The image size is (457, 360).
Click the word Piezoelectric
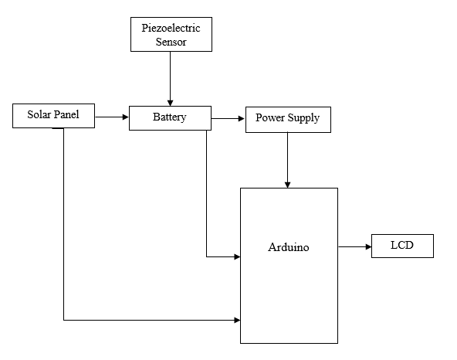tap(171, 28)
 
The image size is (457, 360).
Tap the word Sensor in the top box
tap(171, 42)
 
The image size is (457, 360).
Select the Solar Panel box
tap(53, 116)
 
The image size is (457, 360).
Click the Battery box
tap(170, 118)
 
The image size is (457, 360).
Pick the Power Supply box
tap(288, 120)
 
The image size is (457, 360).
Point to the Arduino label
tap(289, 247)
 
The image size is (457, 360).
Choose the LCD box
tap(402, 246)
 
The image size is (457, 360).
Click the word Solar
tap(39, 114)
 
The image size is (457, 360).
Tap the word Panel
tap(66, 114)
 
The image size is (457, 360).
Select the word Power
tap(270, 117)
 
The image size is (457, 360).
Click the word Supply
tap(303, 118)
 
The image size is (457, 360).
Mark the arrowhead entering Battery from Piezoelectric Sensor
tap(170, 103)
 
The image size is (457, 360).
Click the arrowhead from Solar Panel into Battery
tap(126, 117)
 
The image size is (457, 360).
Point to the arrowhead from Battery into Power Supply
tap(242, 118)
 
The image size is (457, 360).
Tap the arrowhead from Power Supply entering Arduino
tap(287, 185)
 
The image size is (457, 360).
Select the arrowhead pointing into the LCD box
tap(368, 246)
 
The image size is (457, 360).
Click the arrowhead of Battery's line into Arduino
tap(237, 256)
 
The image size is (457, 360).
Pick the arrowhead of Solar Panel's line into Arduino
tap(237, 320)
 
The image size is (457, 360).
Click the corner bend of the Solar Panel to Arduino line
tap(64, 320)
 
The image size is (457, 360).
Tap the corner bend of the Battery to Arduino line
tap(207, 256)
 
